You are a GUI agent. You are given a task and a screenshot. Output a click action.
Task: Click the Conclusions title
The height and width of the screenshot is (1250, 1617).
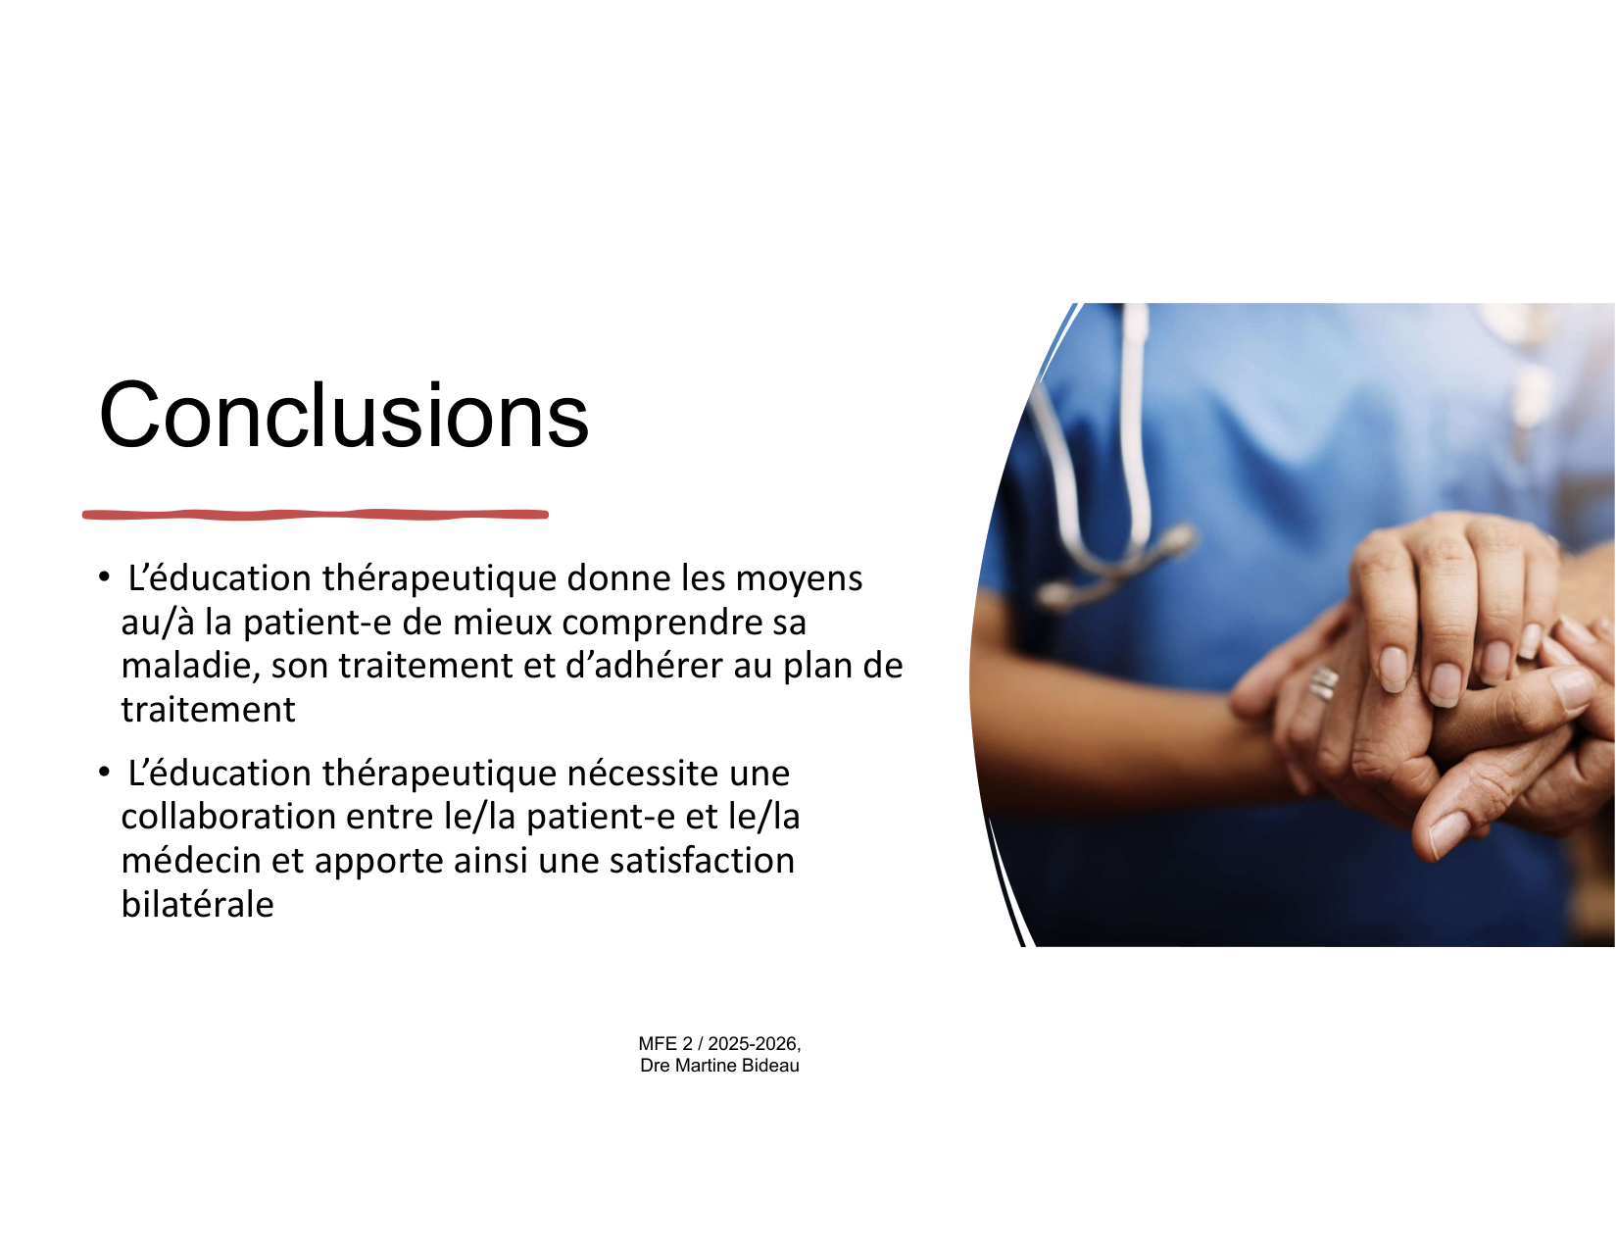(x=344, y=415)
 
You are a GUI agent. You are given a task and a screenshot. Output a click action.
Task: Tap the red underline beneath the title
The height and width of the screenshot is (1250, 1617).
(x=316, y=515)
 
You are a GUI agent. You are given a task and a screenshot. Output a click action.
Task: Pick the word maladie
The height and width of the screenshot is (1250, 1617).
(x=190, y=665)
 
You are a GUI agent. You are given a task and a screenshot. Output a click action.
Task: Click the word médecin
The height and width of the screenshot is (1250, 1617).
(x=190, y=860)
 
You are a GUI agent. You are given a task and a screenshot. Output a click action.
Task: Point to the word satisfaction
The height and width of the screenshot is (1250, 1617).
(x=702, y=860)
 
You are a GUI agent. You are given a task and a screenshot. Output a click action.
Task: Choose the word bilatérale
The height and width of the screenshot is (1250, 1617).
(x=197, y=904)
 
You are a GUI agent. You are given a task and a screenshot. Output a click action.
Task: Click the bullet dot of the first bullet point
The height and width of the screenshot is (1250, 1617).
(x=104, y=576)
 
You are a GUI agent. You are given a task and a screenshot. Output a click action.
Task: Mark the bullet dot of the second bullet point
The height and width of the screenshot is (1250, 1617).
(x=104, y=772)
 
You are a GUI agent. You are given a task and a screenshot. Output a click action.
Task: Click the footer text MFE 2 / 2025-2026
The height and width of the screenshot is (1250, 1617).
(x=719, y=1043)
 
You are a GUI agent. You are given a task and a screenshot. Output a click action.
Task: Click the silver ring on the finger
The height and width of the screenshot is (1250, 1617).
(x=1323, y=682)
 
